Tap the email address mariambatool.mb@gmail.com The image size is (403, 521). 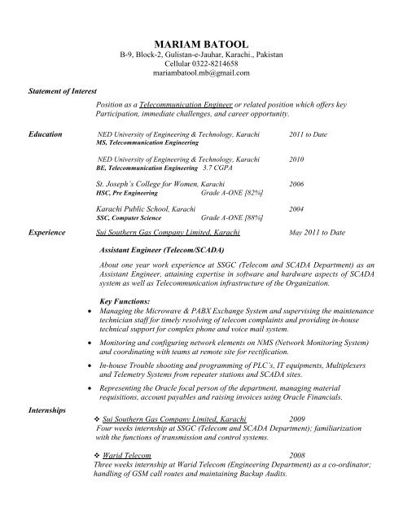201,72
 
